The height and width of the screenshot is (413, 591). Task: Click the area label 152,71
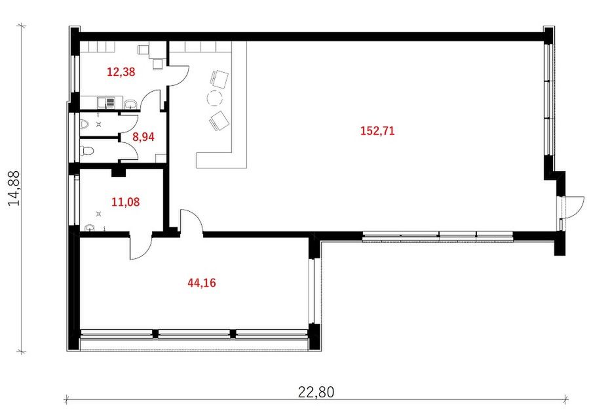[377, 131]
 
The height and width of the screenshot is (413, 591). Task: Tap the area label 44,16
[202, 283]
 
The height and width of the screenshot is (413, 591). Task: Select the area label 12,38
[121, 71]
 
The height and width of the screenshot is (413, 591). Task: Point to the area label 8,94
[143, 137]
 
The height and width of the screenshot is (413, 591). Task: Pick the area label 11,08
[126, 202]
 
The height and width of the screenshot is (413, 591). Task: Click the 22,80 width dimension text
[316, 392]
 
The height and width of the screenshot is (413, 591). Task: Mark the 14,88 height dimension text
[14, 188]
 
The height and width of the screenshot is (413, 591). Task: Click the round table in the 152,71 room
[215, 98]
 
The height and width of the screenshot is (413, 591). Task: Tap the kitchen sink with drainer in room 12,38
[106, 103]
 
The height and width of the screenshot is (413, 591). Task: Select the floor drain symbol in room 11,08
[99, 214]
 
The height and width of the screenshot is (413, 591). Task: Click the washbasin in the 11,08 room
[90, 227]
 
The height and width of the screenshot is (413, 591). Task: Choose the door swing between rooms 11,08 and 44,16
[142, 247]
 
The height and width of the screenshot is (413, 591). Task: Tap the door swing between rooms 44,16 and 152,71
[191, 222]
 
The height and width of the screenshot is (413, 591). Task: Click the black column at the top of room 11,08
[119, 172]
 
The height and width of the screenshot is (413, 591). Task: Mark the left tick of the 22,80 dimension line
[67, 399]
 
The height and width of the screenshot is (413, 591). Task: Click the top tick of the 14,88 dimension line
[22, 26]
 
